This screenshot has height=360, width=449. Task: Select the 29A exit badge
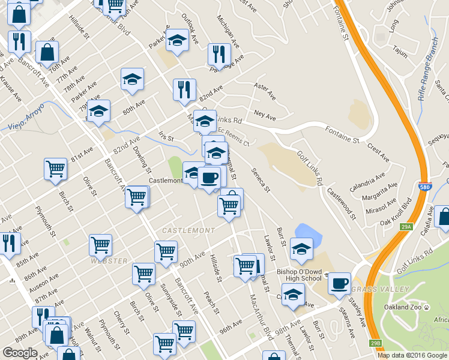click(406, 226)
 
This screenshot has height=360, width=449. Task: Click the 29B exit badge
click(376, 343)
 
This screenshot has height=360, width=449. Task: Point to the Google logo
click(20, 353)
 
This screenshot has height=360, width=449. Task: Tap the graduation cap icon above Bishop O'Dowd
click(301, 249)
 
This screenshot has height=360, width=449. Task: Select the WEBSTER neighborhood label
click(109, 261)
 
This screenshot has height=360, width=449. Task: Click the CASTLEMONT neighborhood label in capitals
click(188, 230)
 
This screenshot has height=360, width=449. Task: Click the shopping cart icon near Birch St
click(55, 169)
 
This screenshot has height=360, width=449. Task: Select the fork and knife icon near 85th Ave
click(9, 244)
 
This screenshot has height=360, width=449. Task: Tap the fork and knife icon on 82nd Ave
click(184, 89)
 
